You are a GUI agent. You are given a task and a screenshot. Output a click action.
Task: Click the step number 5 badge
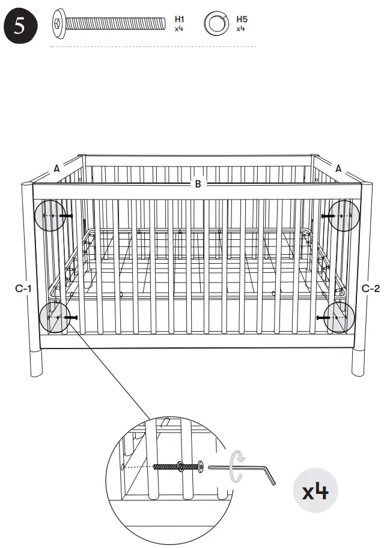20,28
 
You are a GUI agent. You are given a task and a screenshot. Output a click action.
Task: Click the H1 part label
179,19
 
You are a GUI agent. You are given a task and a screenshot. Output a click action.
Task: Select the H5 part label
242,19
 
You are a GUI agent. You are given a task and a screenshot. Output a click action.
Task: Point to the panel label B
198,184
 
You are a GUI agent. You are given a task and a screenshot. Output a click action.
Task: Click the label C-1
23,289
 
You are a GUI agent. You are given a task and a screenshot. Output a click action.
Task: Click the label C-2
371,289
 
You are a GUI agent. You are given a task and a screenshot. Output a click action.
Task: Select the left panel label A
56,169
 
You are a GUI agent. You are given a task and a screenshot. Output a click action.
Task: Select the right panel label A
338,169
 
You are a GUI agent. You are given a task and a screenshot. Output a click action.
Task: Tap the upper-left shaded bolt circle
50,215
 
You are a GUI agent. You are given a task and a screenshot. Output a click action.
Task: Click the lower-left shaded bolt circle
54,317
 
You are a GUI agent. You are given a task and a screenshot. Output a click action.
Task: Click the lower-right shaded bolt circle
339,317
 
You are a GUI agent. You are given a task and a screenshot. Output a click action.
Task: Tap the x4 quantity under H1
178,28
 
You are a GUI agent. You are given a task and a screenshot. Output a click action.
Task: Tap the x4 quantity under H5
241,28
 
